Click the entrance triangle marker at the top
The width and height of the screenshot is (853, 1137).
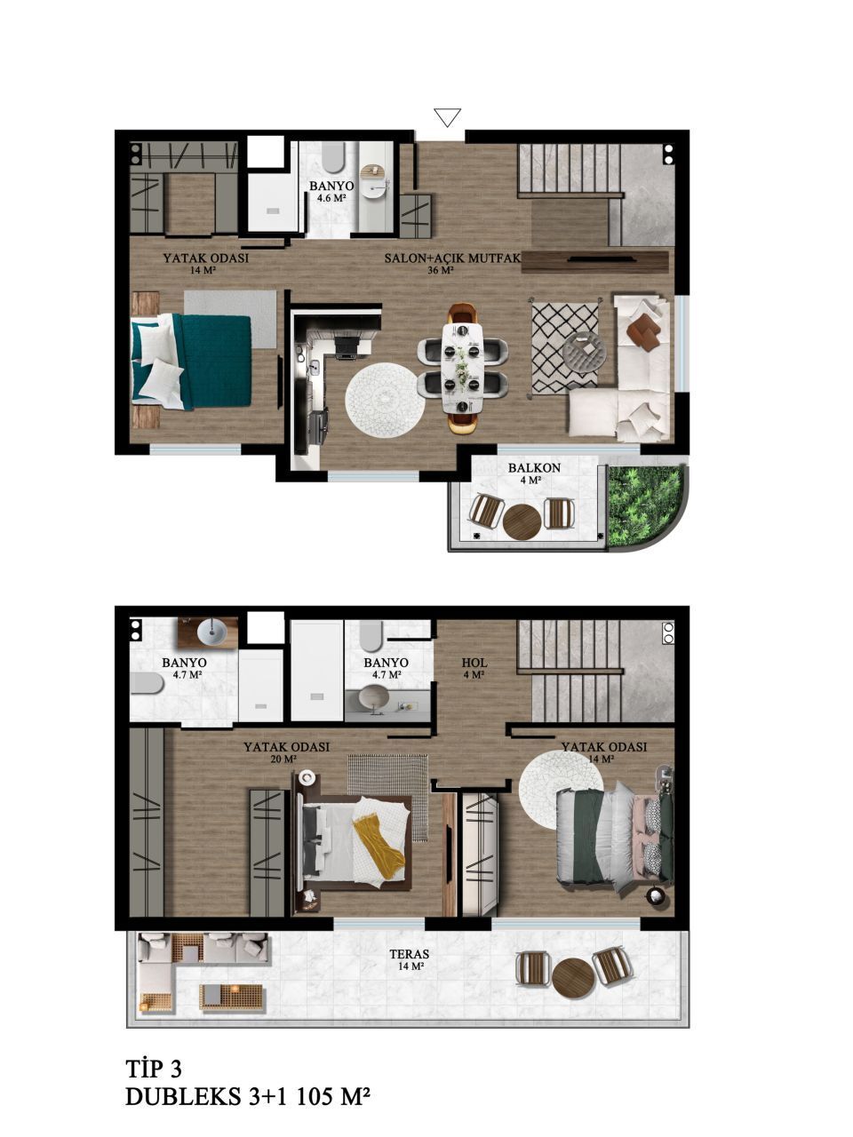447,117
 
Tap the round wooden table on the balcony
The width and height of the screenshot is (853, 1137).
522,522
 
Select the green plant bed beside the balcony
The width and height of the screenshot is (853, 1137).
642,502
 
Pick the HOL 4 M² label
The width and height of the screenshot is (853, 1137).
474,668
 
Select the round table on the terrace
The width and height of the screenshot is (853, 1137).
573,980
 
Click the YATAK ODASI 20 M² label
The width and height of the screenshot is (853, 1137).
286,752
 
